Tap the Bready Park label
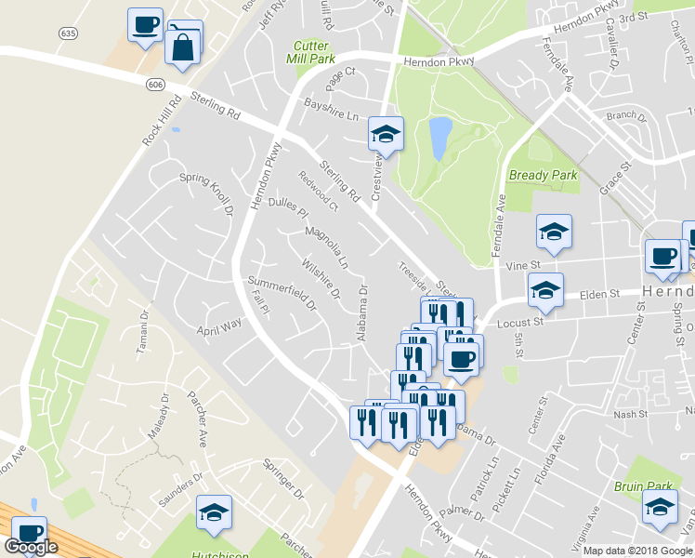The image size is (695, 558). [544, 175]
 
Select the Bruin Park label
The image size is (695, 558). [642, 485]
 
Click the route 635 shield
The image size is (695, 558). [67, 33]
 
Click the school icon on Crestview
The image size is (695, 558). [385, 135]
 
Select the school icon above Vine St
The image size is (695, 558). [554, 232]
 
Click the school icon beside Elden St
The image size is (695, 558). [545, 290]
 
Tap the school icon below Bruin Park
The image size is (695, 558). [660, 508]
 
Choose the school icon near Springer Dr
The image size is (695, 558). [214, 512]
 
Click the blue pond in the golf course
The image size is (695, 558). [439, 138]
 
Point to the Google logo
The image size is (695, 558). [32, 547]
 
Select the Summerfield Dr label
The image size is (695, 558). [282, 292]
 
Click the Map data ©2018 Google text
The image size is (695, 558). [637, 551]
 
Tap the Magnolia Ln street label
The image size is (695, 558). [326, 246]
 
